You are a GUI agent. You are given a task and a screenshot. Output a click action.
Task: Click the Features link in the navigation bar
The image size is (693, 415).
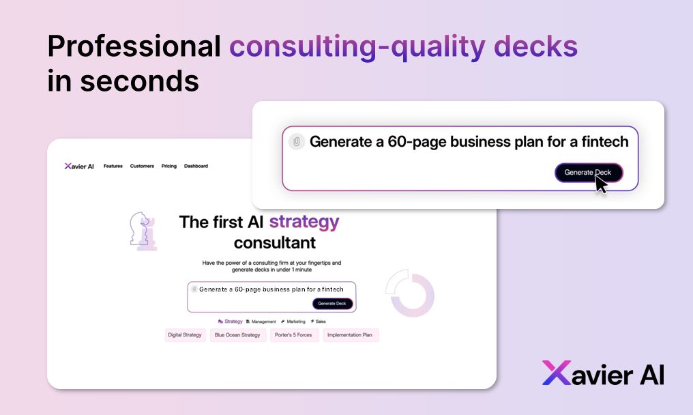coord(113,166)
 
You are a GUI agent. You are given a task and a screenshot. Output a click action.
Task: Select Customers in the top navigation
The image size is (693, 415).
coord(142,166)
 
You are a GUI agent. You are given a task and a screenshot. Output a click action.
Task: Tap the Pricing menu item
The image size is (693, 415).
coord(169,166)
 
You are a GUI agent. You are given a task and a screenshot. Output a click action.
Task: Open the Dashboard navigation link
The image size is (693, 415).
coord(196,166)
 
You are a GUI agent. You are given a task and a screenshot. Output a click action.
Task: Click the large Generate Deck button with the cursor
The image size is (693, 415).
coord(588,173)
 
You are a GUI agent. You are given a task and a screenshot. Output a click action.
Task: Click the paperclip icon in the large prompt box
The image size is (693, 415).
coord(296,142)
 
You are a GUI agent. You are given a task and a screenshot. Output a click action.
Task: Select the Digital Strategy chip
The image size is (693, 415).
coord(185,335)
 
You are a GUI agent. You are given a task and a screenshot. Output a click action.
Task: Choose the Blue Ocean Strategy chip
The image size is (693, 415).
coord(237,335)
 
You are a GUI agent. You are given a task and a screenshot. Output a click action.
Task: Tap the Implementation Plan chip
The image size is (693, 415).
coord(350,335)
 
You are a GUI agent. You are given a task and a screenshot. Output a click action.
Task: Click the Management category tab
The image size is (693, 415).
coord(261,321)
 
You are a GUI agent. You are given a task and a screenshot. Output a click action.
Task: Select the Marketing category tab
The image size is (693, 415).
coord(293,321)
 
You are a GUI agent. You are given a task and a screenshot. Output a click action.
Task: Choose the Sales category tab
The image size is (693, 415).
coord(319,321)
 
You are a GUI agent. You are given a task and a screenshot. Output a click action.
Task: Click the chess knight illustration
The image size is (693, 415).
coord(143,231)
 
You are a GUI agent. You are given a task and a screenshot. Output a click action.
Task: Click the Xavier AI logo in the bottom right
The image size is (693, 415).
coord(603,373)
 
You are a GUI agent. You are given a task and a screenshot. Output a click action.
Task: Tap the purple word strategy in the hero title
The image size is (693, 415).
coord(304,222)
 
